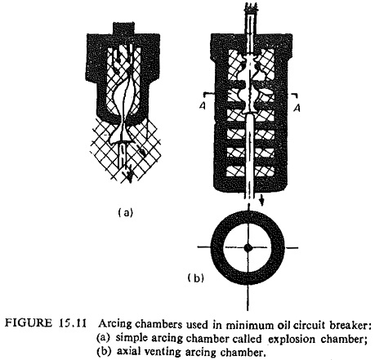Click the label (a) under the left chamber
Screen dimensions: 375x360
pyautogui.click(x=126, y=212)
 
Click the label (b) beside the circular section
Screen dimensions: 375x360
pyautogui.click(x=195, y=278)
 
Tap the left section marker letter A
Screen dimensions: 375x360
pyautogui.click(x=202, y=106)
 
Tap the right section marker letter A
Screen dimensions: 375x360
pyautogui.click(x=297, y=108)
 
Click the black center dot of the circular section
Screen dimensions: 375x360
pyautogui.click(x=248, y=247)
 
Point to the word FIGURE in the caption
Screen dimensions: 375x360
pyautogui.click(x=29, y=323)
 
